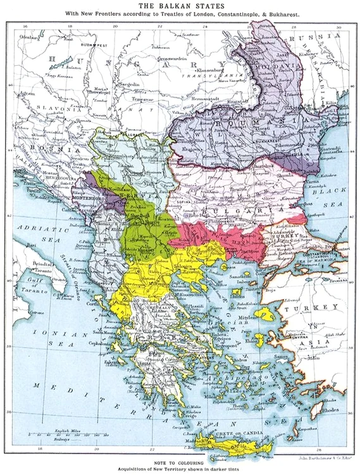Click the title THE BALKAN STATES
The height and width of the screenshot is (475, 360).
pyautogui.click(x=180, y=5)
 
